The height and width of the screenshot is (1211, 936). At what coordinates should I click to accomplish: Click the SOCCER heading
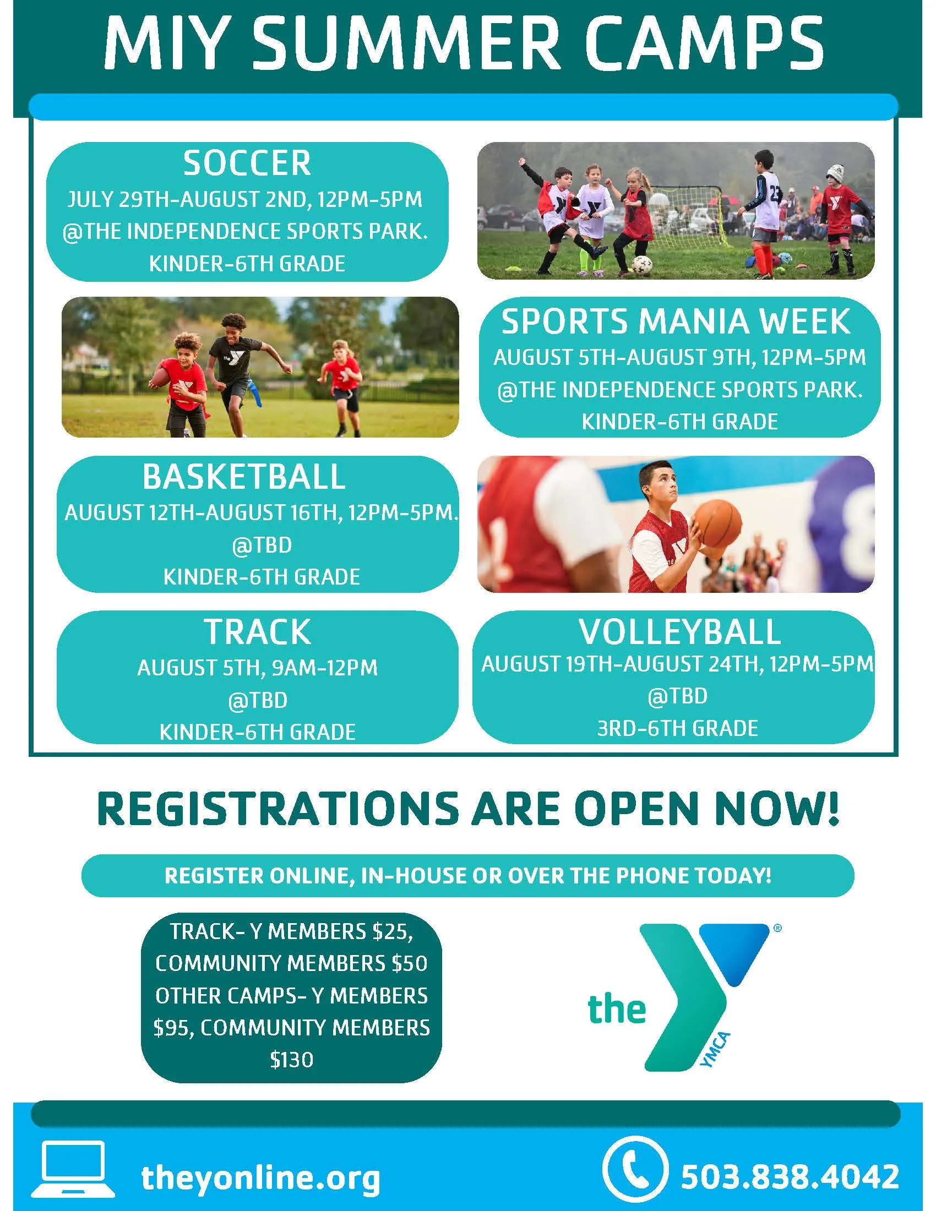pyautogui.click(x=247, y=163)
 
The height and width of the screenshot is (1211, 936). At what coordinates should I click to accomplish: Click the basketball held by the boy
pyautogui.click(x=718, y=525)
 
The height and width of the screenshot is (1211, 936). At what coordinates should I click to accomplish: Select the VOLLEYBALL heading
pyautogui.click(x=680, y=631)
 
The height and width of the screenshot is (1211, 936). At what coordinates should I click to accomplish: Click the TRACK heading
pyautogui.click(x=257, y=631)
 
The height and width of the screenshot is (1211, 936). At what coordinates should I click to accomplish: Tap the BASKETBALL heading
pyautogui.click(x=244, y=477)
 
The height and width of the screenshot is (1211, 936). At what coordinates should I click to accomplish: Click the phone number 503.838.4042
pyautogui.click(x=790, y=1177)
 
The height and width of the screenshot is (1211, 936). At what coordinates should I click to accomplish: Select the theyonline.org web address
pyautogui.click(x=260, y=1179)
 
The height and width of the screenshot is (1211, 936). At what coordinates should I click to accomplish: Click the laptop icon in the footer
pyautogui.click(x=73, y=1168)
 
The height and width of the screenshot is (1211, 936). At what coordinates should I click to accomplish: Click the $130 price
pyautogui.click(x=292, y=1060)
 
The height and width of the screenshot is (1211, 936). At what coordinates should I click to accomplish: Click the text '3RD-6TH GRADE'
pyautogui.click(x=677, y=729)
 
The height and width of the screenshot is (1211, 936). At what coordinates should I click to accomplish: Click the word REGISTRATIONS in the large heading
pyautogui.click(x=278, y=809)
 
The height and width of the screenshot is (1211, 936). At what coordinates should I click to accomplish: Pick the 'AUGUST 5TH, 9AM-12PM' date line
pyautogui.click(x=257, y=668)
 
